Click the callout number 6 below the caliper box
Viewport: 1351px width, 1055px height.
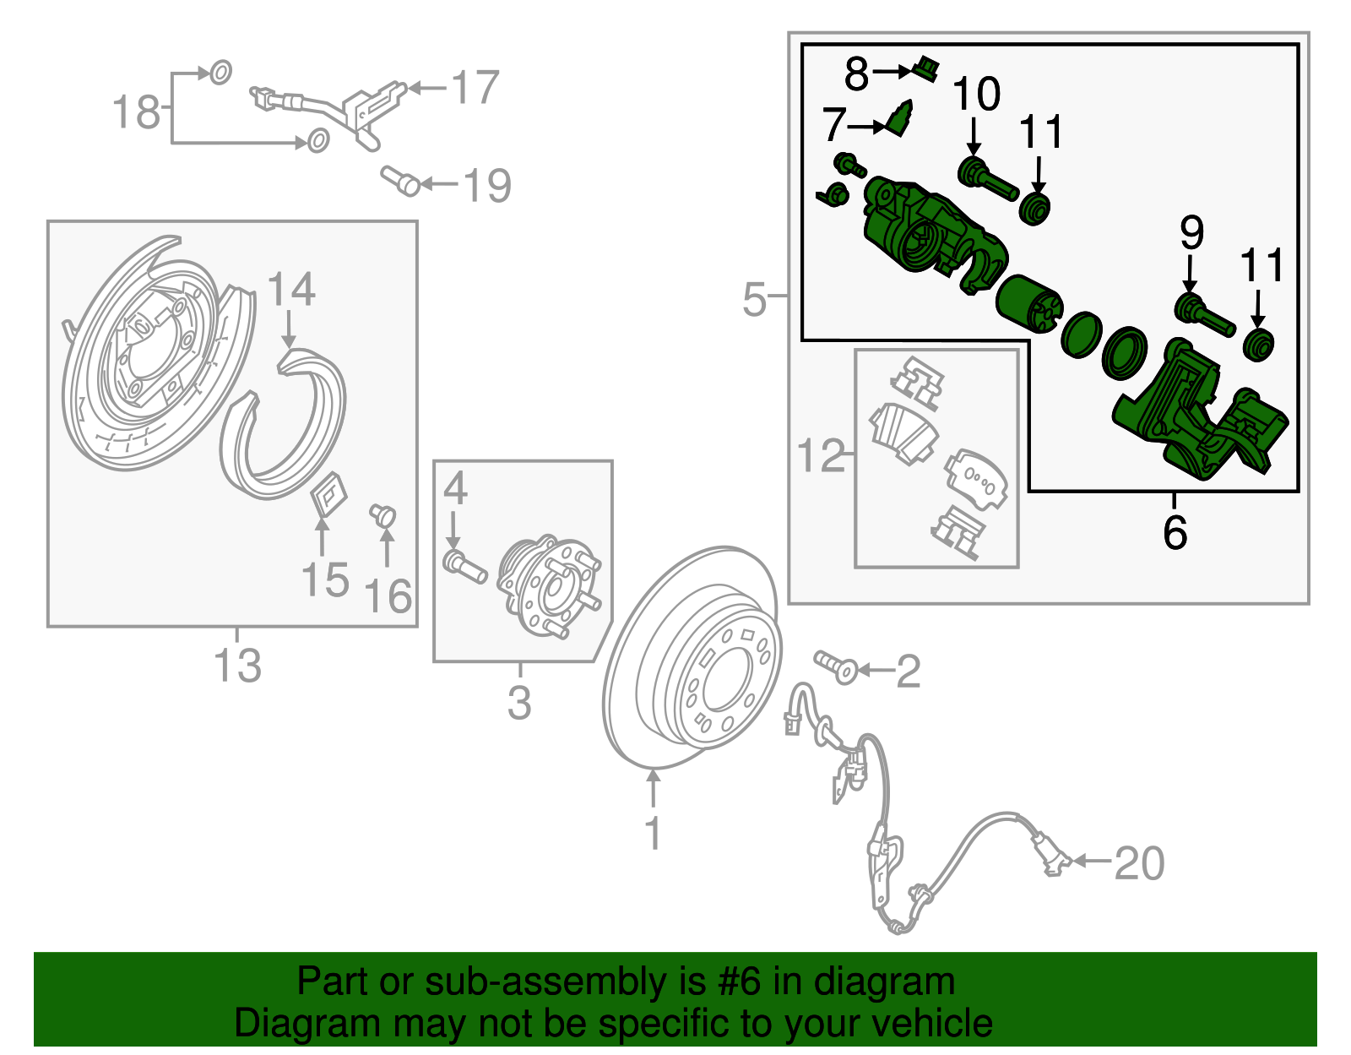[1175, 532]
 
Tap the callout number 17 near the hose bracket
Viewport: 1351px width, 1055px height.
[475, 89]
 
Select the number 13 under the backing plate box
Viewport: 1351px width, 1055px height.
[237, 666]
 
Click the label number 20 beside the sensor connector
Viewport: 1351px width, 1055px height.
[1139, 863]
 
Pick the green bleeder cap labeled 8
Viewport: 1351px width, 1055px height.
[927, 68]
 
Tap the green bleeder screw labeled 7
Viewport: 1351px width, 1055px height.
[900, 119]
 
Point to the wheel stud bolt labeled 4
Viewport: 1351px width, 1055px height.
[464, 565]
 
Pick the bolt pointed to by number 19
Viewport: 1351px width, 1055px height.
[402, 182]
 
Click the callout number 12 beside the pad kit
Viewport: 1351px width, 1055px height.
[820, 456]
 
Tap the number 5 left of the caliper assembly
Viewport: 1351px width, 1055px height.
[754, 300]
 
